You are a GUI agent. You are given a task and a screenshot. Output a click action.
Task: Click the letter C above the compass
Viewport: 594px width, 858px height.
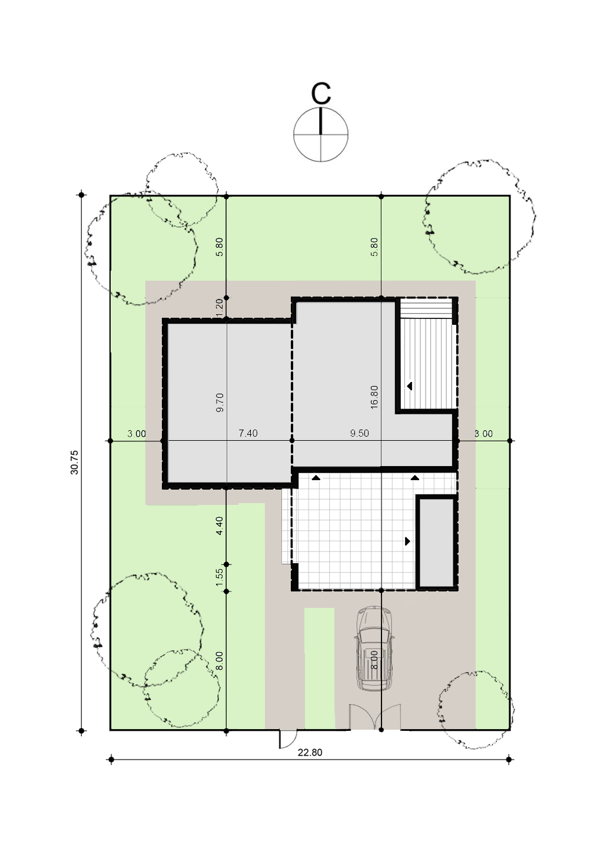[321, 93]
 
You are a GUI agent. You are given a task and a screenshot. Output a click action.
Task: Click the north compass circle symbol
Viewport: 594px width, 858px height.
[321, 135]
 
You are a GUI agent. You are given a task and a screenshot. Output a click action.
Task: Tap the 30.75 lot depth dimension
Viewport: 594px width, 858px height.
[74, 462]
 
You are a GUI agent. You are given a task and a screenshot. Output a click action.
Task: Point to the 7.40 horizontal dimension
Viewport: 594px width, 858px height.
[248, 433]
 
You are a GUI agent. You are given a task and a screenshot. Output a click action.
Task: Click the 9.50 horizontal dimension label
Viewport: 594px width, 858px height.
[360, 433]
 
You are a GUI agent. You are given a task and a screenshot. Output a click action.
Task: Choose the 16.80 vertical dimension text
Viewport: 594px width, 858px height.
[374, 397]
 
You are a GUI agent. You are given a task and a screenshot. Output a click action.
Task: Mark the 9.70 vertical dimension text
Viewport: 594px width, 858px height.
[220, 402]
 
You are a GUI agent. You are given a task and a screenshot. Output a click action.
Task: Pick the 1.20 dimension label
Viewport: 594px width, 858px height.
[219, 307]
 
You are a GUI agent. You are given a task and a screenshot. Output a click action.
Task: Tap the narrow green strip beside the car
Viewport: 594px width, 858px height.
[319, 668]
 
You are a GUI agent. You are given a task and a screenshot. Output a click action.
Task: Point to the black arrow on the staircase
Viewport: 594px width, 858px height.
[409, 385]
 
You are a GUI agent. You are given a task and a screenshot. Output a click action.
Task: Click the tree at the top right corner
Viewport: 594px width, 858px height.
[479, 217]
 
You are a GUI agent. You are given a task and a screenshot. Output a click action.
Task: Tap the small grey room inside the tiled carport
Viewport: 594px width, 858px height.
[436, 541]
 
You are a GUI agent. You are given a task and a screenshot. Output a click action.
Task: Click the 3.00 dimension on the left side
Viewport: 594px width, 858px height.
[137, 434]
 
